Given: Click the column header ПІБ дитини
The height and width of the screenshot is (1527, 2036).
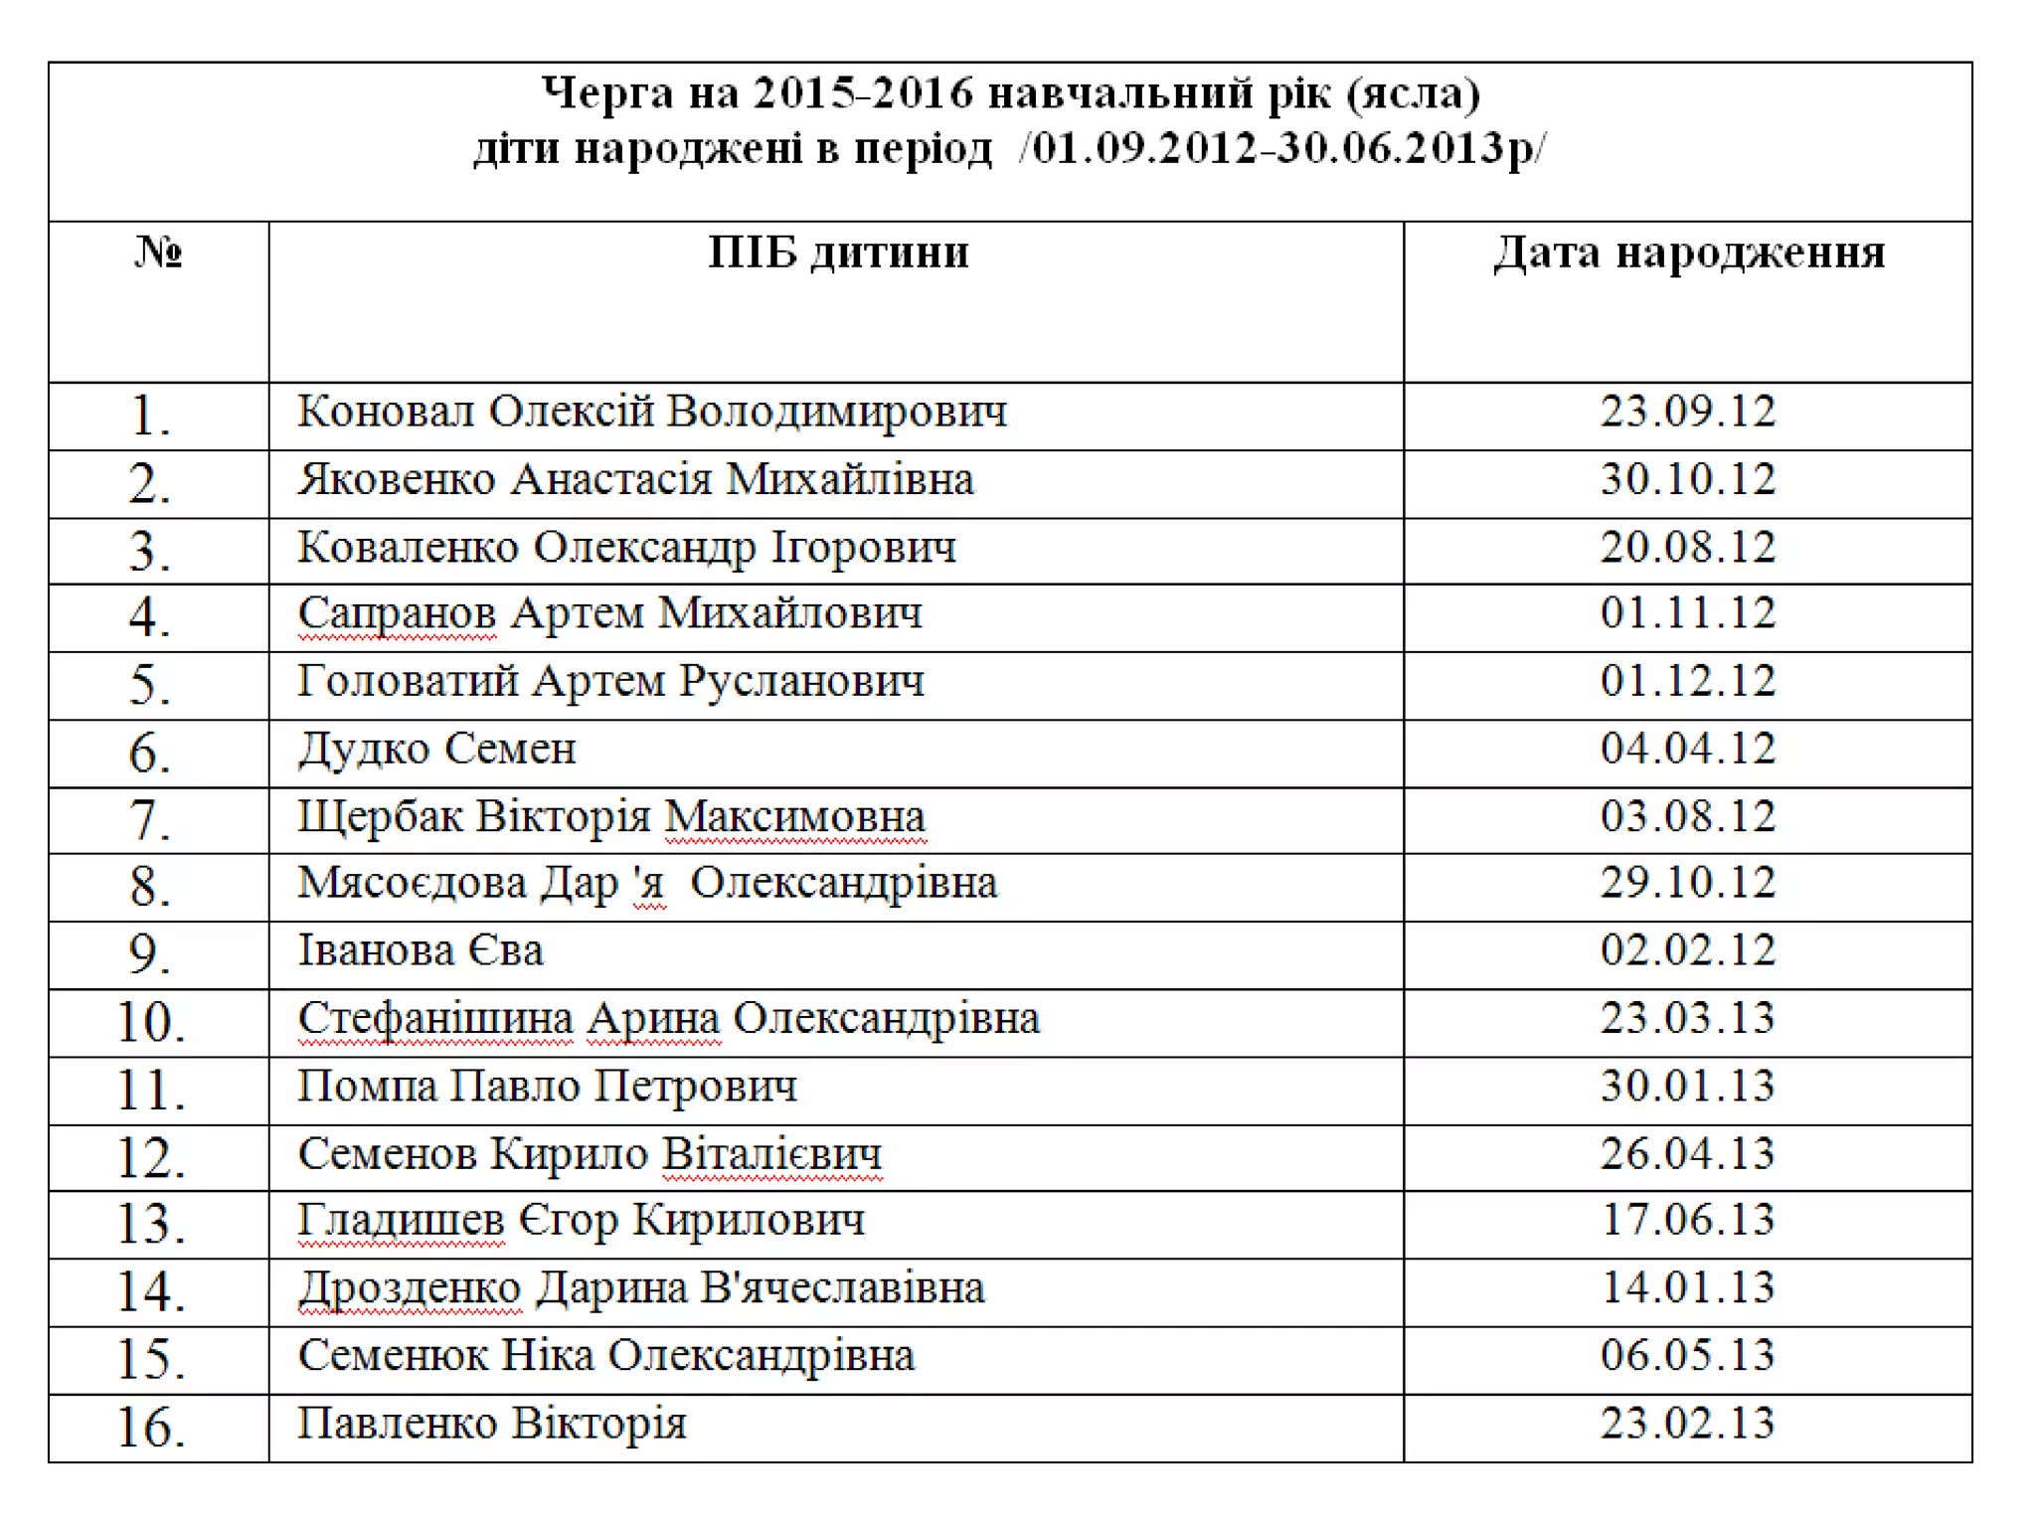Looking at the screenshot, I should [x=838, y=253].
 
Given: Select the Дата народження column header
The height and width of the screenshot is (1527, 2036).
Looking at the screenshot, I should [x=1688, y=253].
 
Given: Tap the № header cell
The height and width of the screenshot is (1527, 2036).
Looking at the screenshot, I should [x=158, y=253].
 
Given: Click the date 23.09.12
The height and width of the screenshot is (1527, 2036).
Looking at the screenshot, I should [x=1687, y=412].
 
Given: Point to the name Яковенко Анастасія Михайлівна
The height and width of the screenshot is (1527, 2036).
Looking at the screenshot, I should [x=636, y=480].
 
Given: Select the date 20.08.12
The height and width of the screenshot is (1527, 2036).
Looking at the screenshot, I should [x=1687, y=548].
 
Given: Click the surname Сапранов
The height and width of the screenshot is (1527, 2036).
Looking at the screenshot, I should [x=397, y=613].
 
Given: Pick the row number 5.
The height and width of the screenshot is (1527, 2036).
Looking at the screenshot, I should [x=150, y=686].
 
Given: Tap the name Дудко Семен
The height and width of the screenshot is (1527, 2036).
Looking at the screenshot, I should [x=437, y=750].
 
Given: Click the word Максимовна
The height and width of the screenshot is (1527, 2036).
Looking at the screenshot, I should [x=794, y=817].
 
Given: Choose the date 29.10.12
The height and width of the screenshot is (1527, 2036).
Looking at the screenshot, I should [x=1687, y=883].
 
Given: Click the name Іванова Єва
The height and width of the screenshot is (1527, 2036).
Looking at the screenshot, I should [x=421, y=951].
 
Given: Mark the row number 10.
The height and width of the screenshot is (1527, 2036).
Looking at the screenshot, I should [x=150, y=1022].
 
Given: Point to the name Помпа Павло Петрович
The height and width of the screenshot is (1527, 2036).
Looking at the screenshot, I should [x=548, y=1087].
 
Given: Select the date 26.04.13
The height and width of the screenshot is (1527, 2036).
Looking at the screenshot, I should [x=1687, y=1154].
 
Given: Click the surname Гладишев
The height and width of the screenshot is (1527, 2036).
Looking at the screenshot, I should [x=401, y=1222].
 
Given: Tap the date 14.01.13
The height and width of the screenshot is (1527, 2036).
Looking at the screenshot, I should [x=1687, y=1288].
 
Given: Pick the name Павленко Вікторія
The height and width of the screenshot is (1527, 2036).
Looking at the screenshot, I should [x=492, y=1424].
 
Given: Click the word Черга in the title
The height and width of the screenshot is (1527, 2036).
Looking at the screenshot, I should [x=594, y=93].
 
